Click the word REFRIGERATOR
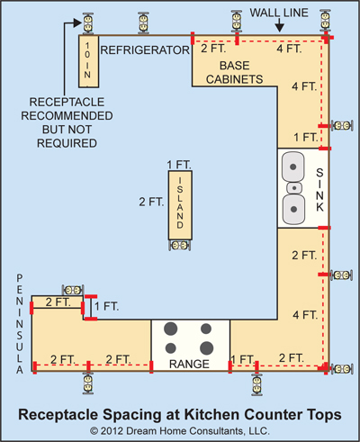145,50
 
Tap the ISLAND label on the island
180,203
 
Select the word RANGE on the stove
189,364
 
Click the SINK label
319,190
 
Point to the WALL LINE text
279,13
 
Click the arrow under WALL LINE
279,25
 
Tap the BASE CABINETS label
234,72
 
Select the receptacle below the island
180,246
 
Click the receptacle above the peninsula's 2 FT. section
73,290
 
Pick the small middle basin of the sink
294,188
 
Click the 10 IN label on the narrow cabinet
87,60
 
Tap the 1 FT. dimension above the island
179,165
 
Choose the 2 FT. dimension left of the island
151,202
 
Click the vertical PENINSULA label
20,324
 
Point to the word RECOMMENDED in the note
67,116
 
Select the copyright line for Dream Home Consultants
180,431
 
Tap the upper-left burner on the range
170,329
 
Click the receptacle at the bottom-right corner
342,369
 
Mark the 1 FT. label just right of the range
243,359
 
